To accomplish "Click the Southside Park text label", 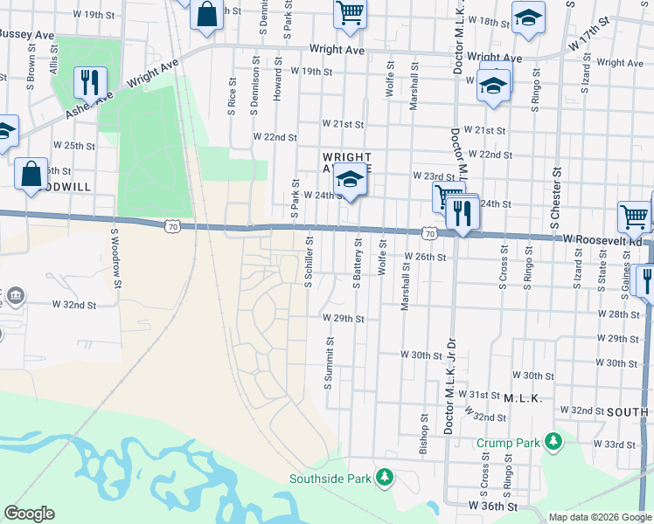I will [x=332, y=479].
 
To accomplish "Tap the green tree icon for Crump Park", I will [x=553, y=442].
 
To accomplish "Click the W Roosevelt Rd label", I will [x=603, y=238].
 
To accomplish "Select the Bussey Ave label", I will [x=28, y=34].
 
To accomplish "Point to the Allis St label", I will [x=54, y=65].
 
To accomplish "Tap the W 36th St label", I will [x=492, y=506].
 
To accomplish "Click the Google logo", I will [x=30, y=514].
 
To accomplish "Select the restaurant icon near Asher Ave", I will [x=90, y=82].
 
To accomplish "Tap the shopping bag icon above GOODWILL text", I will [x=31, y=173].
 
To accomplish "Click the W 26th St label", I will [x=425, y=258].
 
